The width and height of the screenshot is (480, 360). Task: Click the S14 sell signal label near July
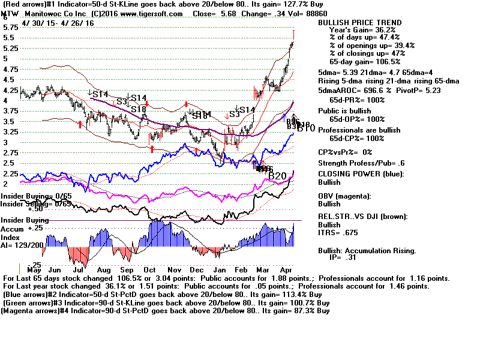click(100, 94)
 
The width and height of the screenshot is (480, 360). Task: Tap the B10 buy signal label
click(306, 128)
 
